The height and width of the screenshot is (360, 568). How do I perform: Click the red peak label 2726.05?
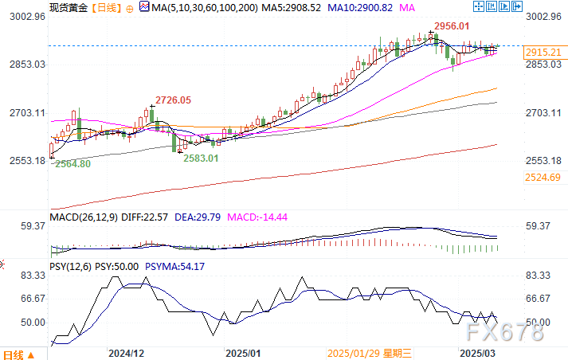click(x=172, y=100)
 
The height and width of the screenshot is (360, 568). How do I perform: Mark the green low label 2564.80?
click(x=72, y=163)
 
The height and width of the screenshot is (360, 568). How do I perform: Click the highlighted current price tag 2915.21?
click(x=544, y=53)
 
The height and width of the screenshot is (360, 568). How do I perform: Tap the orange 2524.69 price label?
click(x=544, y=177)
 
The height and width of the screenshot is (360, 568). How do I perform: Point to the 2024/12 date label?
click(x=126, y=352)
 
